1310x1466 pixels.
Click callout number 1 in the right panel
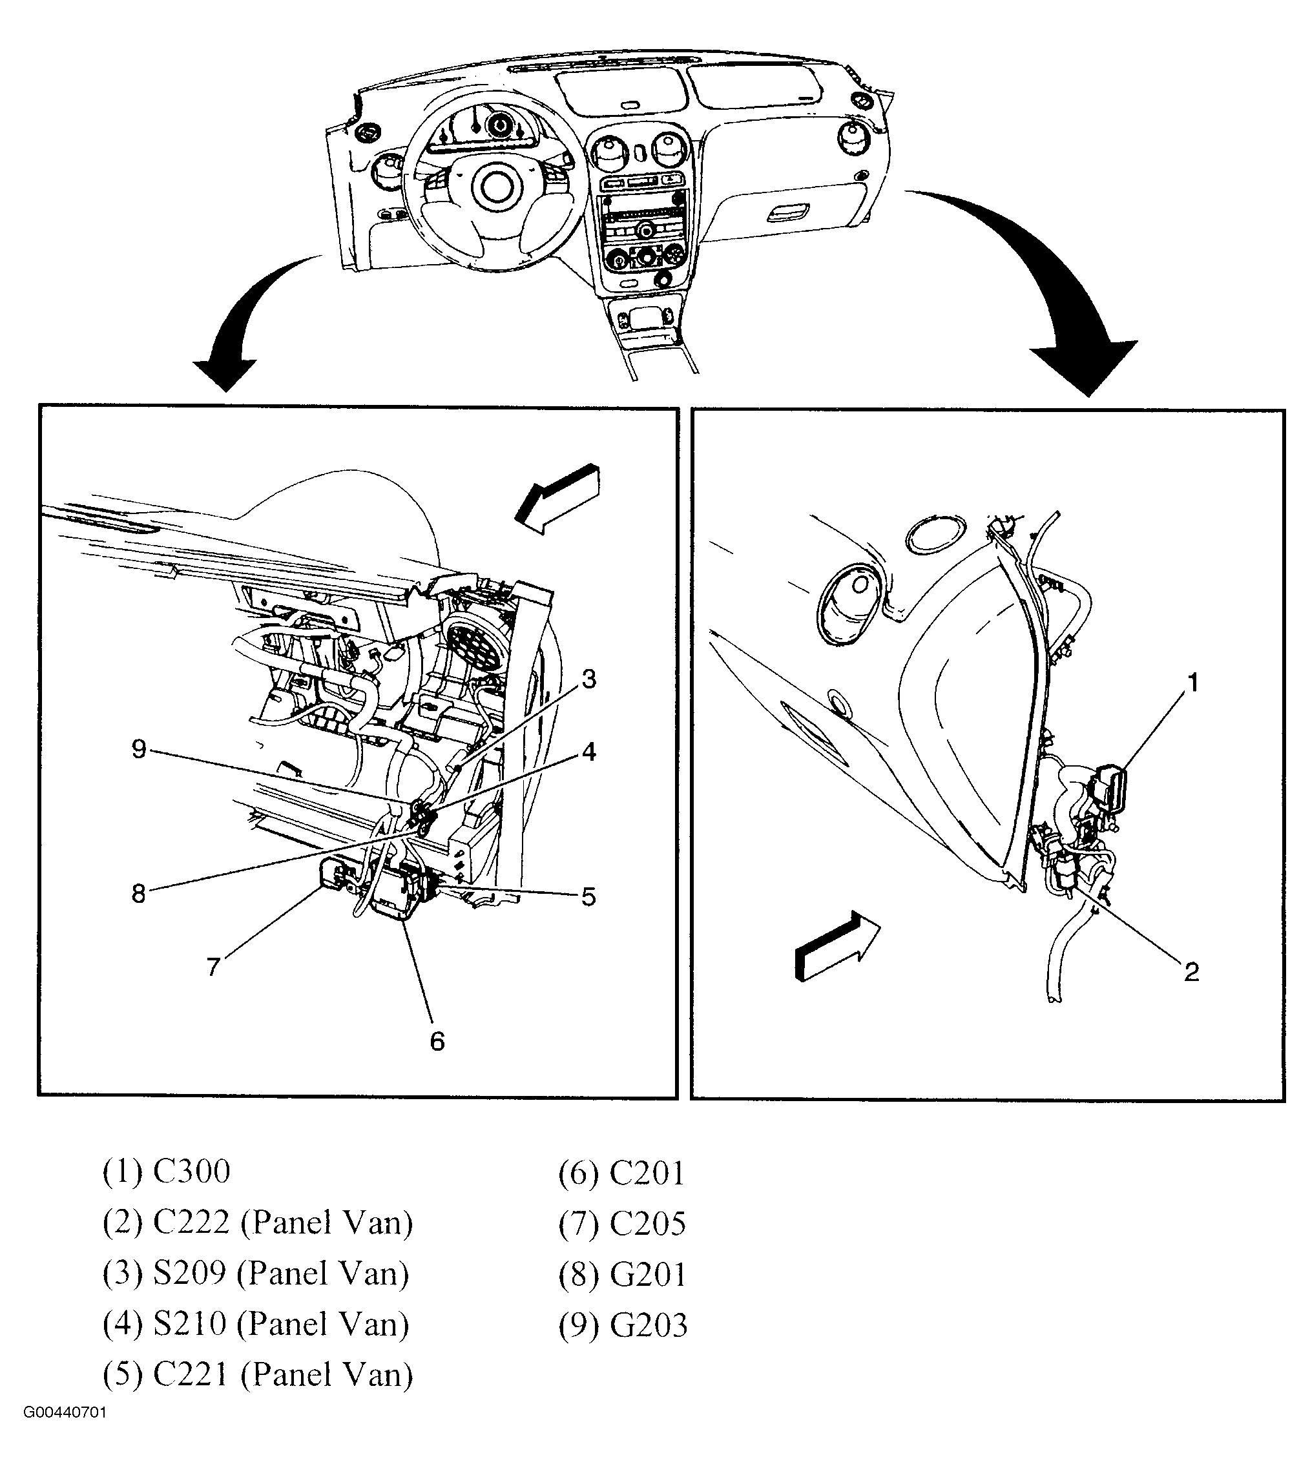tap(1192, 681)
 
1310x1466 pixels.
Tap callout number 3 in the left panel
tap(588, 678)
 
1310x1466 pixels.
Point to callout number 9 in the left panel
tap(139, 749)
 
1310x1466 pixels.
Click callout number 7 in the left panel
tap(213, 967)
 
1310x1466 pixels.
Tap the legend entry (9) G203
tap(623, 1325)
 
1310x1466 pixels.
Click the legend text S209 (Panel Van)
tap(256, 1273)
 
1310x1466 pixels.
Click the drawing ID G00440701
tap(64, 1432)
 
